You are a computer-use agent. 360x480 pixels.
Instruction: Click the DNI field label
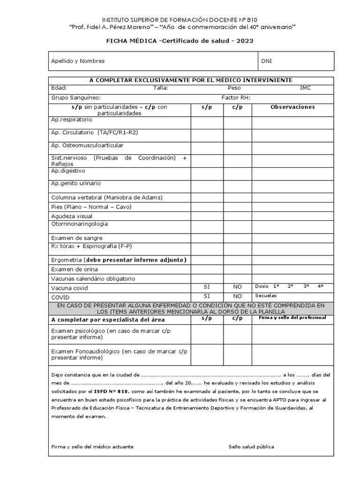[x=267, y=61]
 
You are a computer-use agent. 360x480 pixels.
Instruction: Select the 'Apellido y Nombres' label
[x=78, y=61]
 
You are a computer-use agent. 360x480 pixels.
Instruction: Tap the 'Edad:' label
[x=59, y=88]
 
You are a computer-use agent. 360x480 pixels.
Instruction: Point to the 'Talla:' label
[x=161, y=88]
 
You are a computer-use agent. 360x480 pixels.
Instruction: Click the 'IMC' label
[x=305, y=88]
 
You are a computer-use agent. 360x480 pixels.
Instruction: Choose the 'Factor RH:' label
[x=236, y=97]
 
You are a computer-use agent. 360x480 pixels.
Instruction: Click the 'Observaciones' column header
[x=293, y=107]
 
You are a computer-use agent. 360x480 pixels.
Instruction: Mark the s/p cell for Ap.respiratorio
[x=207, y=122]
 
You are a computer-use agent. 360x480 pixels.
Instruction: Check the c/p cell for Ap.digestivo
[x=237, y=174]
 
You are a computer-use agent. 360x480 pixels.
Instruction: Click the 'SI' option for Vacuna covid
[x=207, y=286]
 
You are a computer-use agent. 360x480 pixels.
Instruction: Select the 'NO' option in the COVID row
[x=237, y=296]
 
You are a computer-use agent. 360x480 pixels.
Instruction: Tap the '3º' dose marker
[x=306, y=286]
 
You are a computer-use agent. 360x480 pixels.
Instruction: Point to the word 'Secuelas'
[x=266, y=296]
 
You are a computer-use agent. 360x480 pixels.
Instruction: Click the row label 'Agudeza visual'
[x=72, y=216]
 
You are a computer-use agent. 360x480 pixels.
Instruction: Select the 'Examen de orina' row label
[x=75, y=269]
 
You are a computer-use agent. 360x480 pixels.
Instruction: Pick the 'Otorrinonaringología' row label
[x=79, y=224]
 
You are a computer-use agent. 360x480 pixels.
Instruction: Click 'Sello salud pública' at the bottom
[x=252, y=447]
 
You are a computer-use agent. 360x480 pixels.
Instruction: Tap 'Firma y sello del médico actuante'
[x=92, y=447]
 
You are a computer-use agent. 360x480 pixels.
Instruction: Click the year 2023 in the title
[x=245, y=41]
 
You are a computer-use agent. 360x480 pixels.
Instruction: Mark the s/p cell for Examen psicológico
[x=207, y=334]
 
